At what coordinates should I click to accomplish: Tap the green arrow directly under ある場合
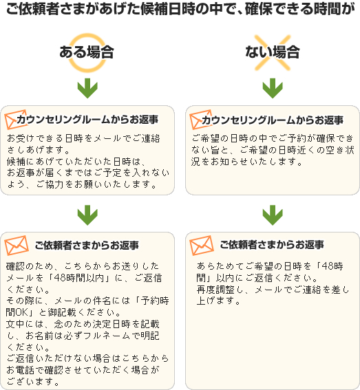(x=87, y=88)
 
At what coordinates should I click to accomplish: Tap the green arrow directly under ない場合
(x=273, y=88)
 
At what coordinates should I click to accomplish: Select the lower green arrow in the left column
(x=87, y=215)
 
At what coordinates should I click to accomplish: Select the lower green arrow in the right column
(x=273, y=215)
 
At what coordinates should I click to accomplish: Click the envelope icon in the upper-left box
(x=14, y=120)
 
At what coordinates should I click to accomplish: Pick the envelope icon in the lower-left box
(x=17, y=246)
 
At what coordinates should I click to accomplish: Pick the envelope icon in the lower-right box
(x=202, y=246)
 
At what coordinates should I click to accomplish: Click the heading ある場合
(x=87, y=52)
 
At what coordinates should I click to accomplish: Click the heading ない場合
(x=273, y=52)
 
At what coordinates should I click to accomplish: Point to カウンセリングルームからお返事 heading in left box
(x=87, y=120)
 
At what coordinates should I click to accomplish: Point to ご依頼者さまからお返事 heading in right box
(x=272, y=245)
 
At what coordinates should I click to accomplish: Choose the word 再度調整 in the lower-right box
(x=215, y=290)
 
